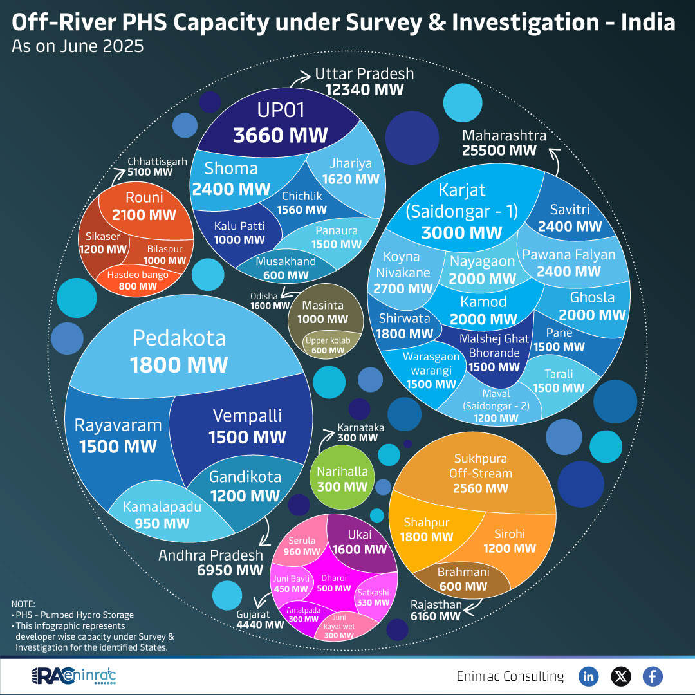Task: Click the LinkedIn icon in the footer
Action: pos(589,676)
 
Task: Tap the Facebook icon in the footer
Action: pos(652,676)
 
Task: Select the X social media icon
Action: pos(620,676)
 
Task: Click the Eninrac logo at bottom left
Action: pos(74,676)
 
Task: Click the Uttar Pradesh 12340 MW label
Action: pos(364,82)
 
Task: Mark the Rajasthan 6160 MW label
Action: pos(436,611)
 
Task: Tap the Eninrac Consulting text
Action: pos(510,676)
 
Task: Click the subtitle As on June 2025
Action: pos(77,48)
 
